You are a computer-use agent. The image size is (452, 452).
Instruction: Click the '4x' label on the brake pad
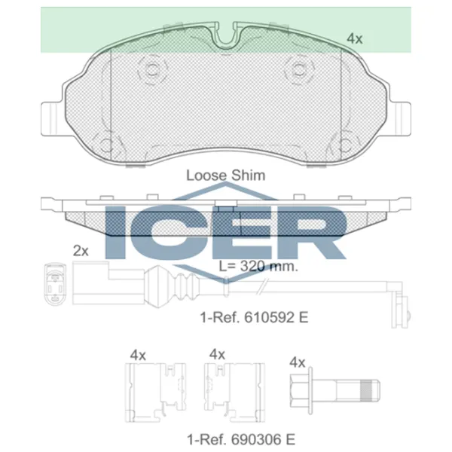tap(354, 37)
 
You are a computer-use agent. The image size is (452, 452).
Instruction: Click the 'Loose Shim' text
tap(225, 175)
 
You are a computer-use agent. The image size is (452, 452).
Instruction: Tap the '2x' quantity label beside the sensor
tap(81, 250)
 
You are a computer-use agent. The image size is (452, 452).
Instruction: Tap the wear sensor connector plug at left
tap(56, 286)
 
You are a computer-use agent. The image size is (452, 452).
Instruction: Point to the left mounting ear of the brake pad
tap(52, 117)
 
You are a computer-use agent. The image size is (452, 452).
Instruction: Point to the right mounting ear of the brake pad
tap(402, 117)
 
